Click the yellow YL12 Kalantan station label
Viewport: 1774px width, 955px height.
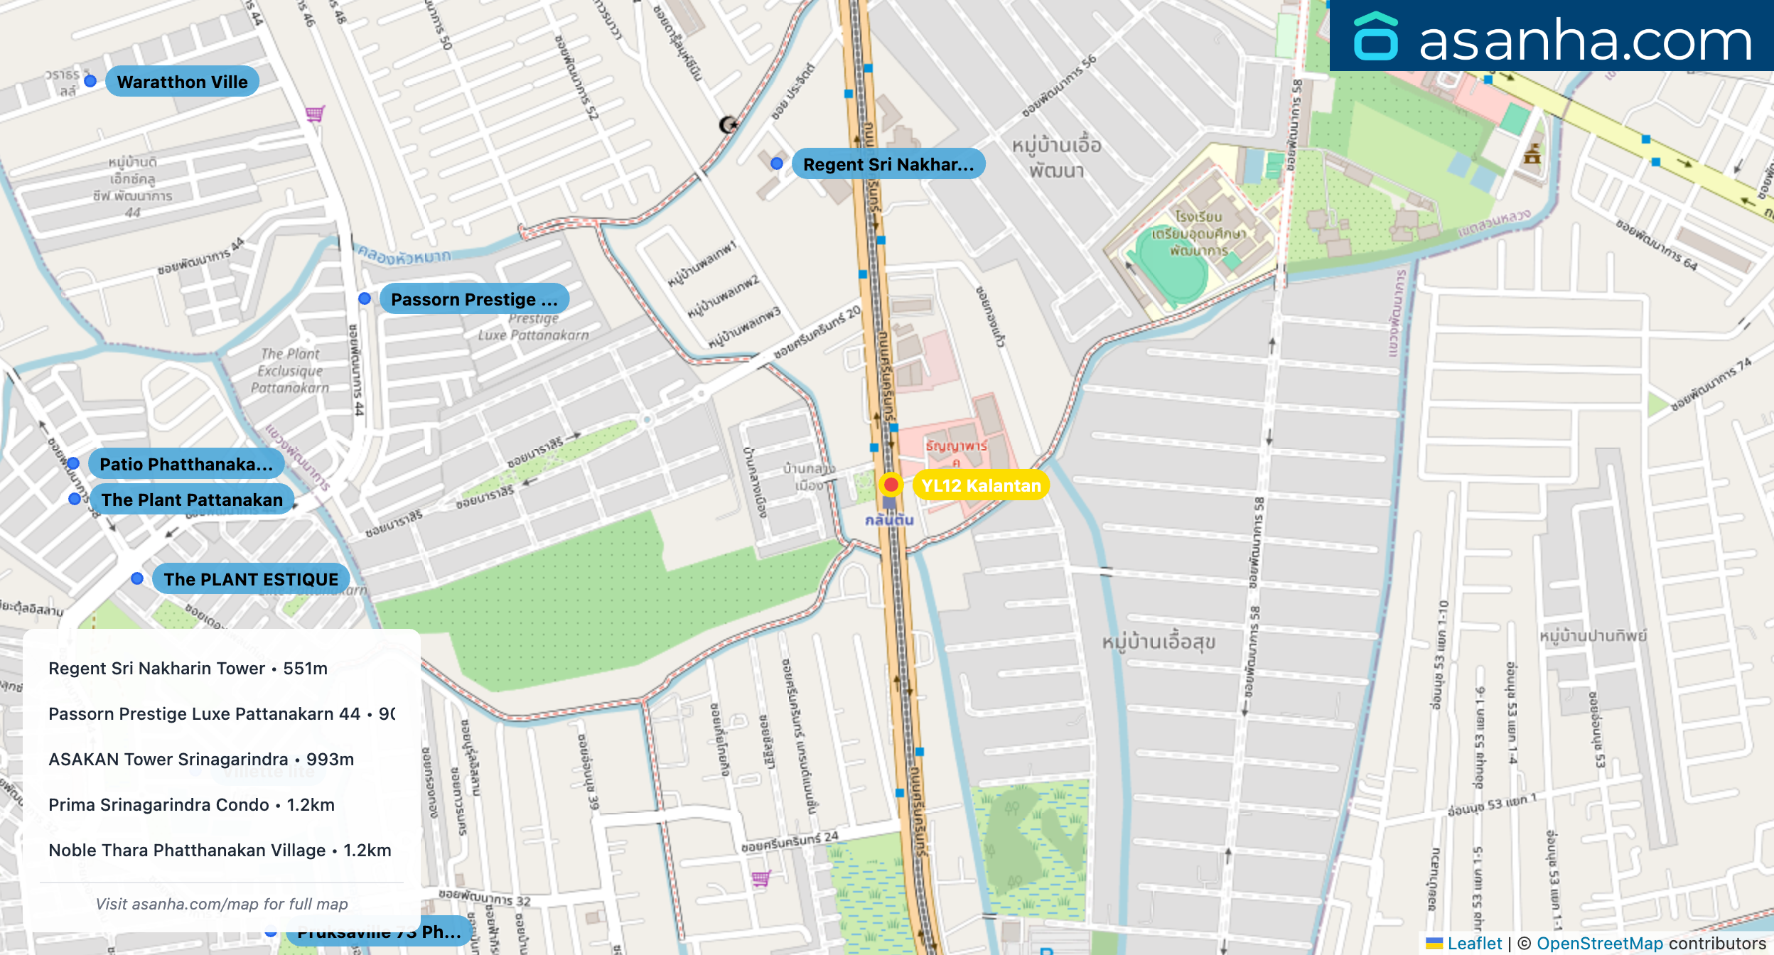pyautogui.click(x=981, y=485)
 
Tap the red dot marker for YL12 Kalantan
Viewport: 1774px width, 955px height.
pyautogui.click(x=891, y=485)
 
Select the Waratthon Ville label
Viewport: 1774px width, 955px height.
pyautogui.click(x=182, y=82)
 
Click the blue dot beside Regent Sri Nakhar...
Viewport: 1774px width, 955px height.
pyautogui.click(x=777, y=163)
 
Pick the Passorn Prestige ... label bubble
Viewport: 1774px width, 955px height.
pyautogui.click(x=474, y=299)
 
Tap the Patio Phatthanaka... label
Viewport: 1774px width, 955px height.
pyautogui.click(x=186, y=464)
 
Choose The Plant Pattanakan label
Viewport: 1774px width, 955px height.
pyautogui.click(x=192, y=500)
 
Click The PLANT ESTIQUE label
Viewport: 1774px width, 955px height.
pyautogui.click(x=251, y=579)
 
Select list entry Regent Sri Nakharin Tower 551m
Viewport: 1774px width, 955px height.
pyautogui.click(x=188, y=668)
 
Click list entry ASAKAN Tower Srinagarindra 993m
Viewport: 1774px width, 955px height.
pyautogui.click(x=201, y=759)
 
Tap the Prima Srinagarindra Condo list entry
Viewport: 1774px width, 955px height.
pyautogui.click(x=191, y=804)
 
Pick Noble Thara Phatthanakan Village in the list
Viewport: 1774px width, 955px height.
pyautogui.click(x=220, y=850)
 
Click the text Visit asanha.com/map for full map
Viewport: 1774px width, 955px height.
pyautogui.click(x=222, y=904)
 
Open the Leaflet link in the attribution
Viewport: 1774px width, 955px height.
pyautogui.click(x=1474, y=943)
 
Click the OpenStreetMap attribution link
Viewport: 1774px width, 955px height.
pyautogui.click(x=1600, y=943)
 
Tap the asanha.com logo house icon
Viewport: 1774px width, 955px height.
pyautogui.click(x=1375, y=37)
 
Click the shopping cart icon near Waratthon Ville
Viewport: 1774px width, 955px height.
pyautogui.click(x=315, y=114)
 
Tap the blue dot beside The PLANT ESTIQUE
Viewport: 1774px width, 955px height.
pyautogui.click(x=137, y=579)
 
